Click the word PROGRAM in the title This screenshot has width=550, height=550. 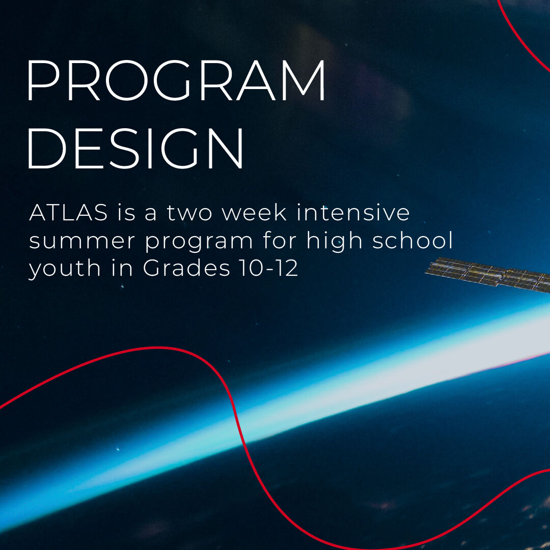(x=176, y=81)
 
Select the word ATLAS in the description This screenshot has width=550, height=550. (x=68, y=213)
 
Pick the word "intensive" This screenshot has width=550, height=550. (x=353, y=213)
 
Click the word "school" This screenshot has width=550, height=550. (x=413, y=240)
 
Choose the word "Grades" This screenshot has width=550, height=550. (x=186, y=268)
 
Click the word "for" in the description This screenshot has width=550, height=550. (x=279, y=240)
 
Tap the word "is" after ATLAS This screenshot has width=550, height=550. (x=126, y=213)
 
